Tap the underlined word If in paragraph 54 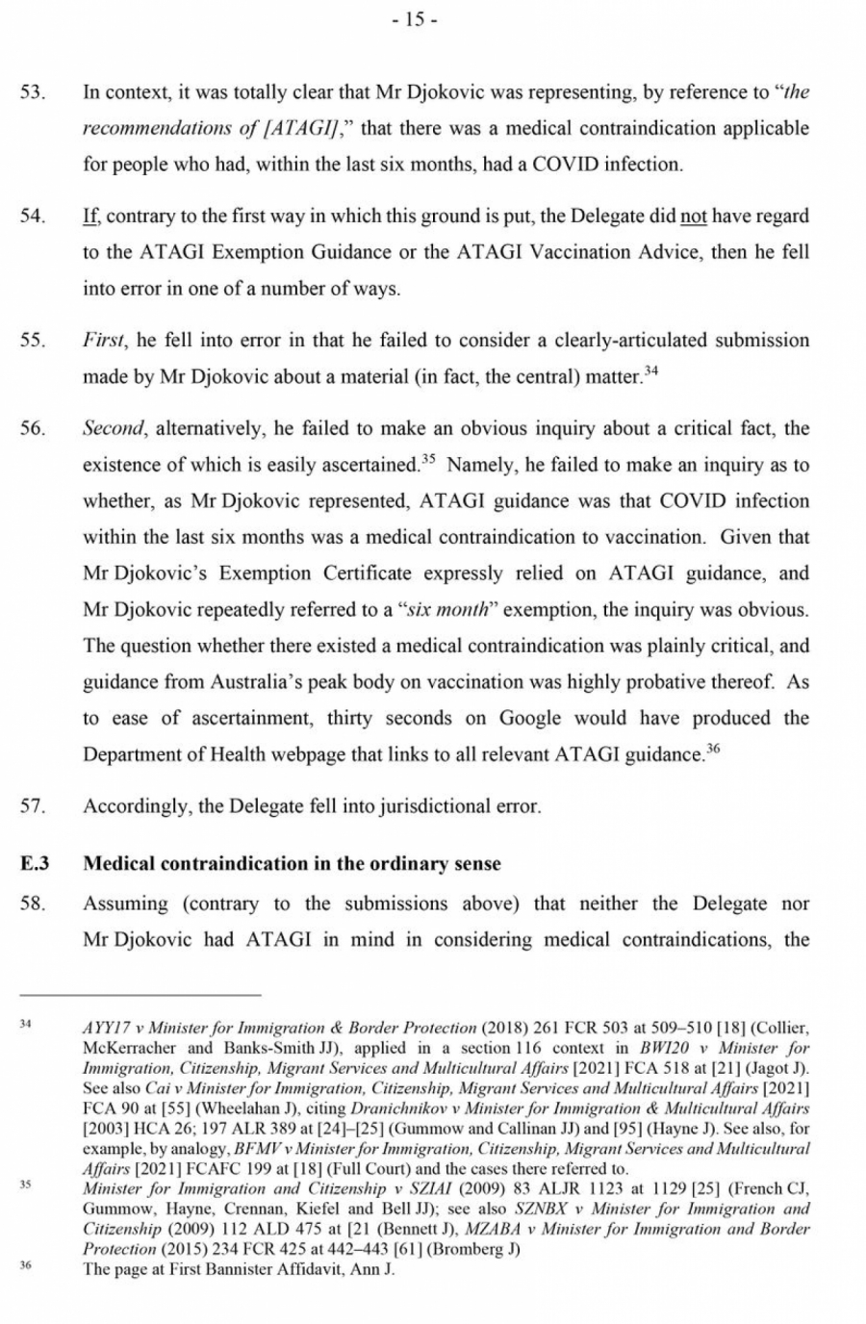(x=90, y=216)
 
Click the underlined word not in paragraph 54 (x=694, y=216)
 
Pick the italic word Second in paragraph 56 (x=114, y=429)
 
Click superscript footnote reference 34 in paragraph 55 (x=650, y=370)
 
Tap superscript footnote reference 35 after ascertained (x=428, y=459)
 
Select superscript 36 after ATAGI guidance (x=712, y=749)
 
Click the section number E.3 (x=36, y=863)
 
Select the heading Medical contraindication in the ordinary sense (x=292, y=863)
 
